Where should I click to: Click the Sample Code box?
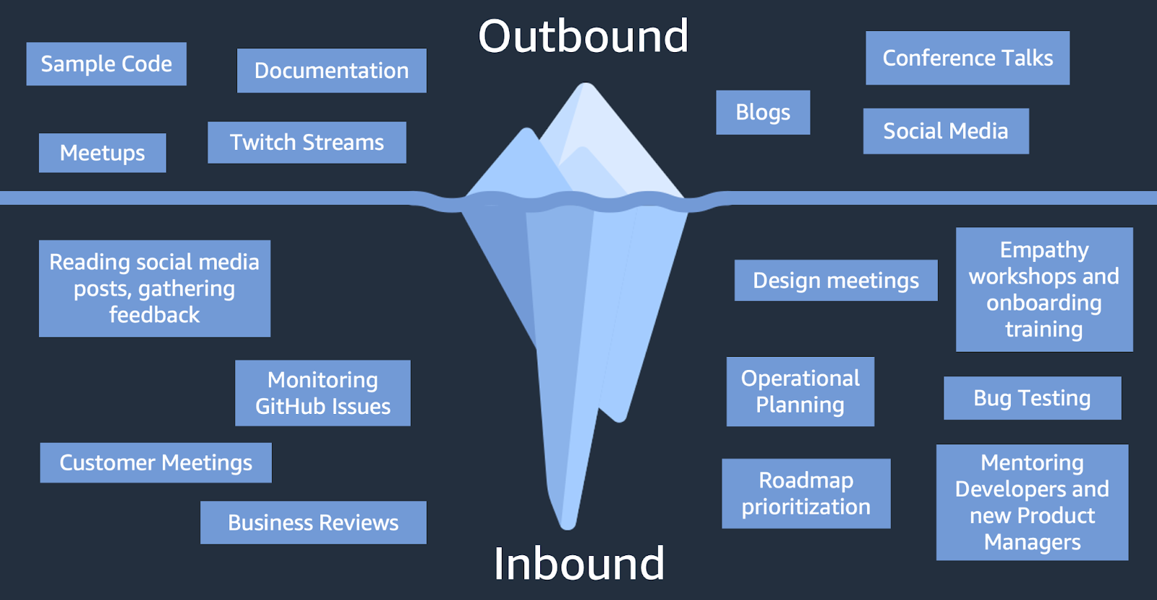tap(106, 64)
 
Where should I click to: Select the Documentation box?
tap(331, 70)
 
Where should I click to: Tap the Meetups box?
tap(102, 153)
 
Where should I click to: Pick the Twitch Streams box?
tap(307, 142)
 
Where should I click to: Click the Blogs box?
tap(762, 112)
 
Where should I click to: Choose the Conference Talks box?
tap(967, 58)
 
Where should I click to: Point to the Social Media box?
tap(945, 131)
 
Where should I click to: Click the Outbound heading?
tap(583, 36)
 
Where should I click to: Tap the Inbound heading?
tap(578, 563)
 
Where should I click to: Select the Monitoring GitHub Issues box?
tap(323, 393)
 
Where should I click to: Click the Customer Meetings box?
tap(155, 462)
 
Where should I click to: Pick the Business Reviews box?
tap(313, 523)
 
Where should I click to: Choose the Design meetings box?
tap(835, 280)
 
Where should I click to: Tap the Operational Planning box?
tap(800, 392)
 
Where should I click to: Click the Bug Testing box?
tap(1032, 398)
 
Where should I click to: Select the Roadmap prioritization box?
tap(806, 494)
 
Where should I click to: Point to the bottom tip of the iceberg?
tap(568, 524)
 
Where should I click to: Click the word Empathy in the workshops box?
tap(1043, 250)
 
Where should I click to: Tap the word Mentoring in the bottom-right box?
tap(1032, 462)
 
